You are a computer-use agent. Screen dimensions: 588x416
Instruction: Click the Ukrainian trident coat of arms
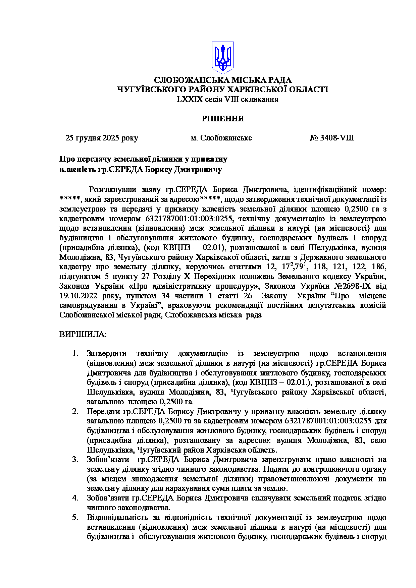tap(223, 58)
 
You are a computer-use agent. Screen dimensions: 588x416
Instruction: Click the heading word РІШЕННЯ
tap(223, 119)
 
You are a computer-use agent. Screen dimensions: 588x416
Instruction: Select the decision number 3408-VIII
tap(337, 138)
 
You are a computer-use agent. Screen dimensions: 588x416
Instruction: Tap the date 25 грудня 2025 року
tap(102, 138)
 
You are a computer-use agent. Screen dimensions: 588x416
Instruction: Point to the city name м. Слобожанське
tap(221, 138)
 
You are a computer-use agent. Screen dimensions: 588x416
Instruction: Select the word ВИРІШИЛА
tap(83, 335)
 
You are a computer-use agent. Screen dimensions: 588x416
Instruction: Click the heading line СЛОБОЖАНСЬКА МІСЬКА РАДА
tap(223, 80)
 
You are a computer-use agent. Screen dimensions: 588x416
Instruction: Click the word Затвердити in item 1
tap(107, 354)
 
